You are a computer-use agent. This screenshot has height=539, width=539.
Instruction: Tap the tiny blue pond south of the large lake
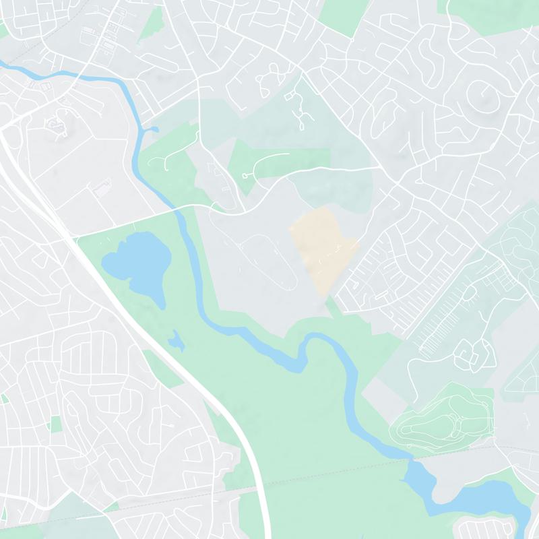(x=177, y=342)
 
